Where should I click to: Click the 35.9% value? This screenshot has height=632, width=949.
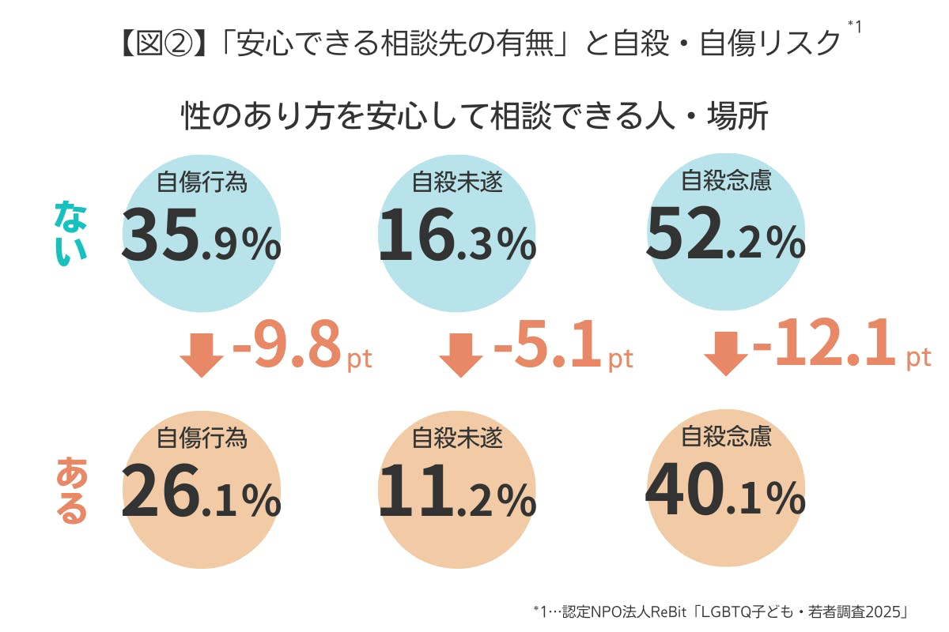(201, 236)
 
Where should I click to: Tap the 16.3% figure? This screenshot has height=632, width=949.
(457, 236)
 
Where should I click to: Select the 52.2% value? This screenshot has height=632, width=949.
(725, 236)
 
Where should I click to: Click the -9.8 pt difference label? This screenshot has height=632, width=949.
(301, 346)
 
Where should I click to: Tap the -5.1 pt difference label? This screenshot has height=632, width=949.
(562, 346)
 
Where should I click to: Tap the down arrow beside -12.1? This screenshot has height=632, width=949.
(726, 353)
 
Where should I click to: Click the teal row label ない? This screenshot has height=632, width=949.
(71, 233)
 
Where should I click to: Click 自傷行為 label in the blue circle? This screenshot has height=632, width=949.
(202, 182)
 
